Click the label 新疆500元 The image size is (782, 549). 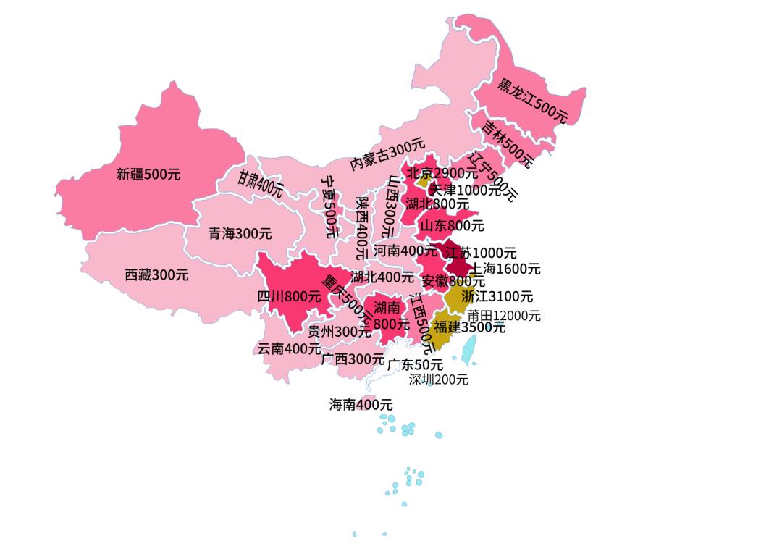[148, 174]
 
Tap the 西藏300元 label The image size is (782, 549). [156, 275]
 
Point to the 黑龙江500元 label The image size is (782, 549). [532, 100]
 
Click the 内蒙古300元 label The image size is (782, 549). [387, 154]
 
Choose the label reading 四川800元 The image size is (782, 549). [289, 296]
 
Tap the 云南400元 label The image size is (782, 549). [289, 348]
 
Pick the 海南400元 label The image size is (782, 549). [361, 405]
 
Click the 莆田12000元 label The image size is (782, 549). [503, 316]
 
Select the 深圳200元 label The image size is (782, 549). [438, 380]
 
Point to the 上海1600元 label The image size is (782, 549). [505, 269]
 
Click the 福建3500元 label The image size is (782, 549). [470, 327]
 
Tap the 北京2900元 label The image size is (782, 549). [441, 173]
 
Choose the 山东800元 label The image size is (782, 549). [453, 225]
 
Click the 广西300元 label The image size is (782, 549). [353, 359]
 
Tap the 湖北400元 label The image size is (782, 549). [382, 277]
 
